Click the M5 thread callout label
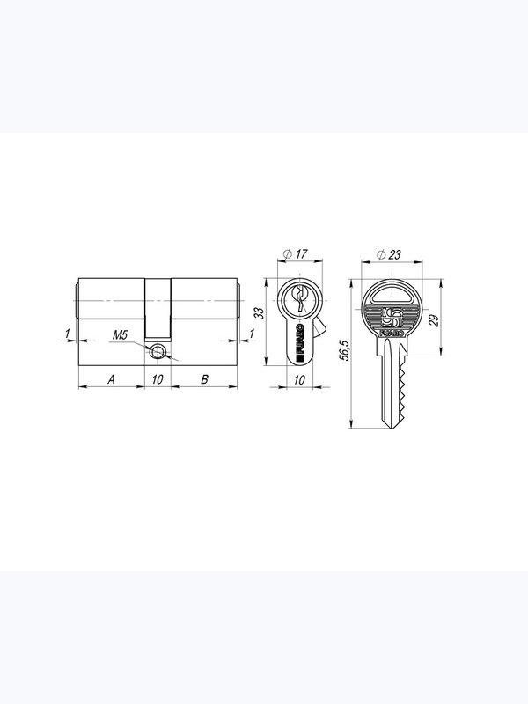(120, 334)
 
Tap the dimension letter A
(112, 379)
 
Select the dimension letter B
(204, 379)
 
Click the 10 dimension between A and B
(158, 379)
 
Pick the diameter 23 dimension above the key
(388, 255)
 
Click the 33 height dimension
(260, 313)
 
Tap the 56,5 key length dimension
(344, 350)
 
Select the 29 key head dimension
(434, 320)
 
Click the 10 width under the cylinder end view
(299, 380)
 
